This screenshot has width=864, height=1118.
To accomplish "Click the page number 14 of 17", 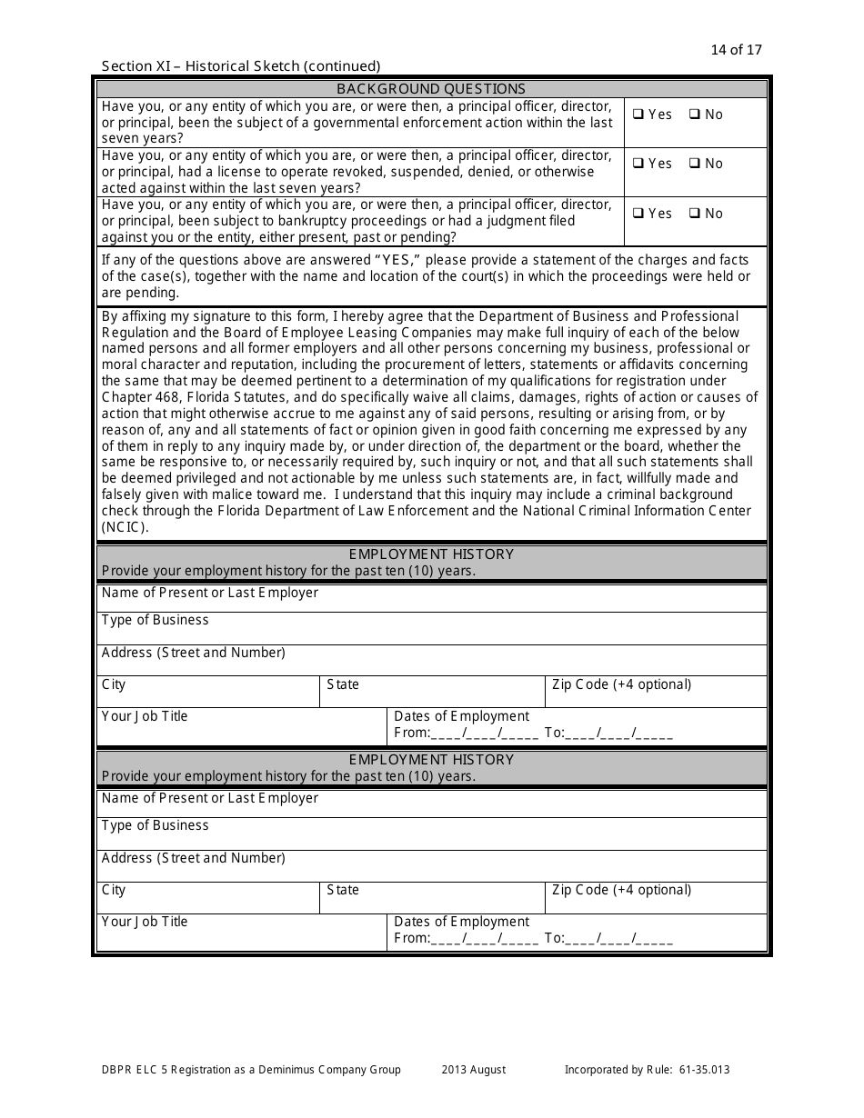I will click(x=736, y=50).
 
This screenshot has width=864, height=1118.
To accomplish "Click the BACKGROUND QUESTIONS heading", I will click(x=431, y=89).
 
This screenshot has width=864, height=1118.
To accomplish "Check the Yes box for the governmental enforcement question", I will click(x=639, y=115).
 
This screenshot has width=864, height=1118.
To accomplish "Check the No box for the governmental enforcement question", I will click(x=694, y=115).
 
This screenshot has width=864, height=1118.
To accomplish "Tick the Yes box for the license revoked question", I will click(x=639, y=164).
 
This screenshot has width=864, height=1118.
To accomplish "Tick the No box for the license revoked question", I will click(x=694, y=164).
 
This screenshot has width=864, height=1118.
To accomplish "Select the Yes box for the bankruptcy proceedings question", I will click(x=639, y=214).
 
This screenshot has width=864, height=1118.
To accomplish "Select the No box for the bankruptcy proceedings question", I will click(x=694, y=214).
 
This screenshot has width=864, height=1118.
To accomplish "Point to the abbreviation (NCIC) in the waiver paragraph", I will click(x=125, y=528).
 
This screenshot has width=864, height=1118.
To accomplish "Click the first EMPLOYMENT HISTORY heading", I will click(x=431, y=554).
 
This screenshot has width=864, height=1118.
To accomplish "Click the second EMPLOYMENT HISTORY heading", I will click(x=431, y=760).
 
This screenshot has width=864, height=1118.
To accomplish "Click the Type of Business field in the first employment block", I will click(x=432, y=629).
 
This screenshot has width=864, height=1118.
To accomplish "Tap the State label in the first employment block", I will click(x=343, y=684).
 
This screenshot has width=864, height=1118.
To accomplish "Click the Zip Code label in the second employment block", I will click(x=621, y=890).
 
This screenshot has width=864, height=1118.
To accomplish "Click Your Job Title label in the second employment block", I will click(x=145, y=922).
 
